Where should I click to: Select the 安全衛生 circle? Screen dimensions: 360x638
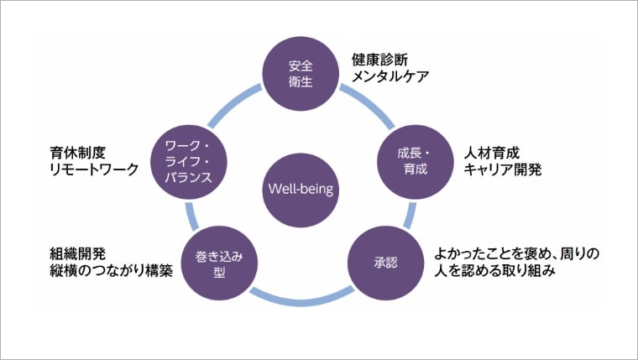pyautogui.click(x=300, y=73)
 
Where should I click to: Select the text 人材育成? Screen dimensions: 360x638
pyautogui.click(x=492, y=153)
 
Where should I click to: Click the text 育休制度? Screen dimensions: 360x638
pyautogui.click(x=77, y=153)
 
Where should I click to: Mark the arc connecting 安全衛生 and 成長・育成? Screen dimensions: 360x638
pyautogui.click(x=366, y=104)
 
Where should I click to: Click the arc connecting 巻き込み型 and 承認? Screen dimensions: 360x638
pyautogui.click(x=301, y=297)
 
